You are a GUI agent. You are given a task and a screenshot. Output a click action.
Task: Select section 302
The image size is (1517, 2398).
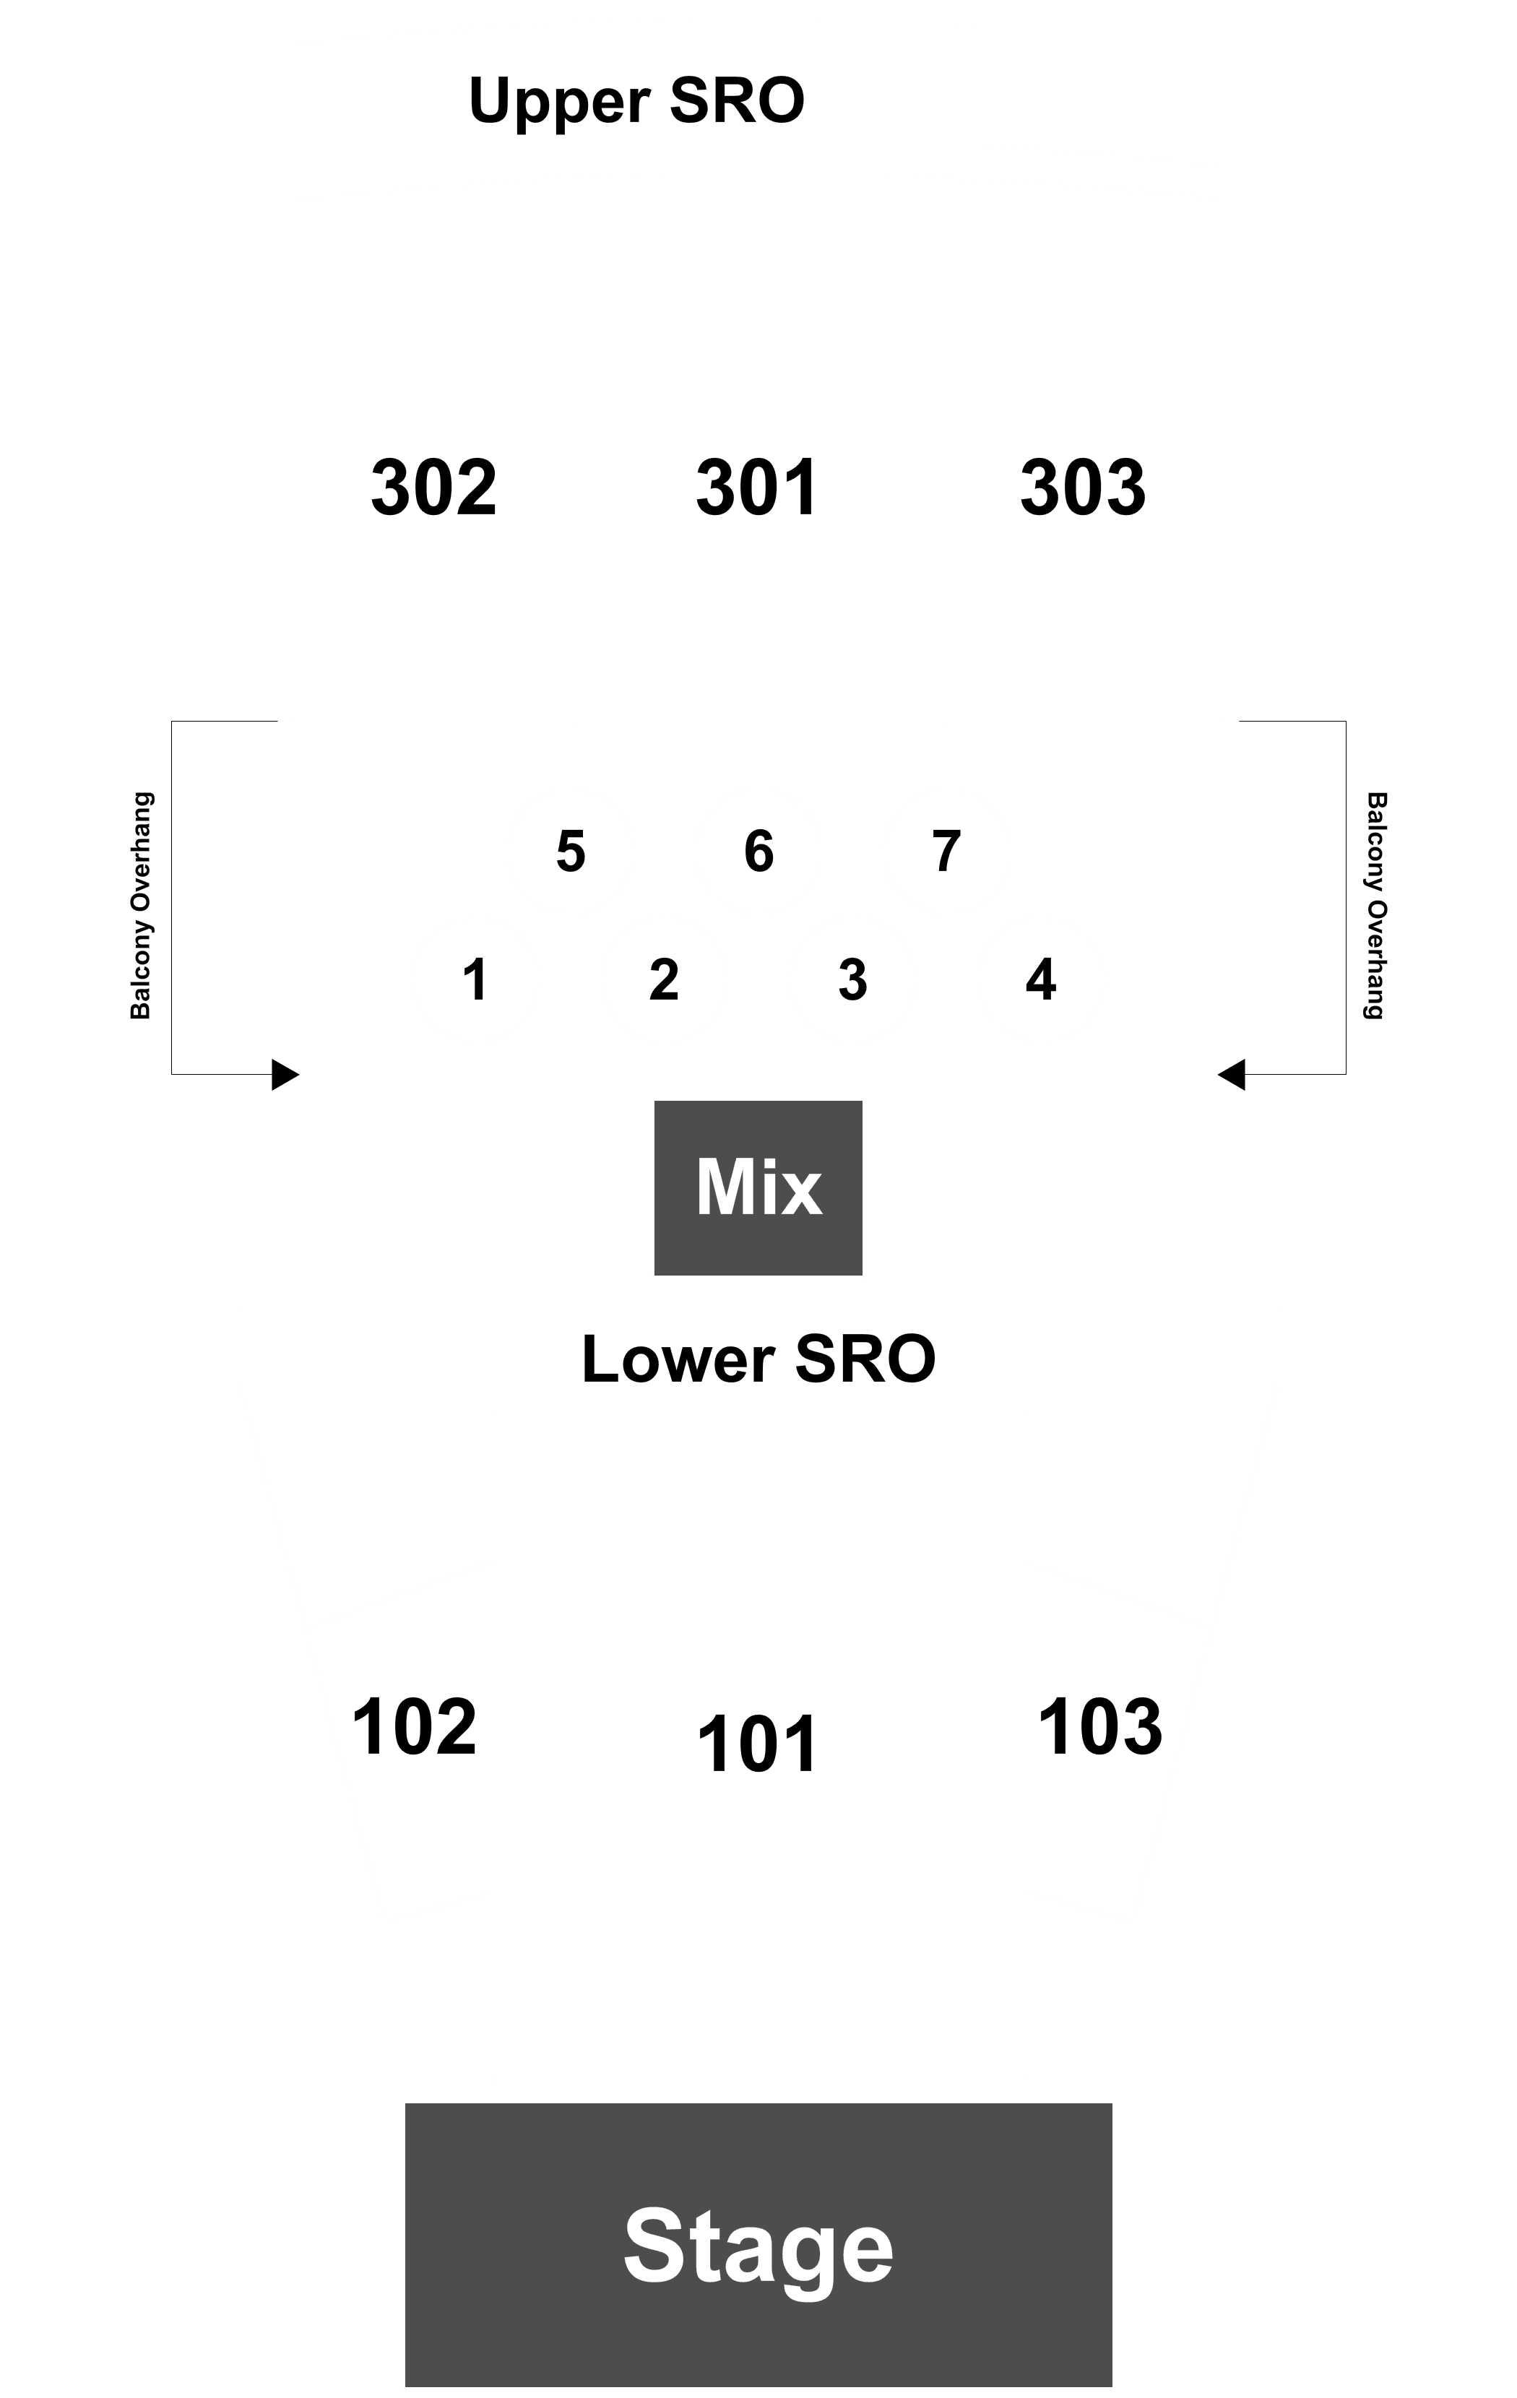433,488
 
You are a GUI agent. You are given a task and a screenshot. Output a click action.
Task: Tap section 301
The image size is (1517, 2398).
757,488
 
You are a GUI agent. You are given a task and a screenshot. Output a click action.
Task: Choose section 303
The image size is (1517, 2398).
1083,488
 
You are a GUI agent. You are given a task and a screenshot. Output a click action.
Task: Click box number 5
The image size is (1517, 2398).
571,852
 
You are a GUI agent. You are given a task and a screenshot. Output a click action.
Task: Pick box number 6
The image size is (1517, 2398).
759,852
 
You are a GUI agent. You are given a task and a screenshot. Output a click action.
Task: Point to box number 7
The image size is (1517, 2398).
947,852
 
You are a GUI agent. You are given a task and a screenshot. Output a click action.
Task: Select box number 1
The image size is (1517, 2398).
476,980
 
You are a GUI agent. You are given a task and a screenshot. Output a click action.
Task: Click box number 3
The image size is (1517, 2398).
852,980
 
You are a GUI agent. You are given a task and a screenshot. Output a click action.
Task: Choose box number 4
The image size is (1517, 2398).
1041,980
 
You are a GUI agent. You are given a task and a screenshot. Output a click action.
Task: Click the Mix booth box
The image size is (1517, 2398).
758,1188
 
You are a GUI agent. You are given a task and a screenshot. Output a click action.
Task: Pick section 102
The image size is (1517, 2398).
415,1728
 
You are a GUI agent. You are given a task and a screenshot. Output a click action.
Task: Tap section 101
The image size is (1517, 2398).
757,1746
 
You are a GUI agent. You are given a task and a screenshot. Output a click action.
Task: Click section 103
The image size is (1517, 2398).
1099,1728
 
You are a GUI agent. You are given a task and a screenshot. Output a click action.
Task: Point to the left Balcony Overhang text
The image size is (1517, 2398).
142,905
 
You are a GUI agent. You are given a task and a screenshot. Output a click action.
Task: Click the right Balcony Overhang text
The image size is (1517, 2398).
1375,905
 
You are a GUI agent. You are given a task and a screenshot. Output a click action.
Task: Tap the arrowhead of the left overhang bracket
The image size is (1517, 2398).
286,1075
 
